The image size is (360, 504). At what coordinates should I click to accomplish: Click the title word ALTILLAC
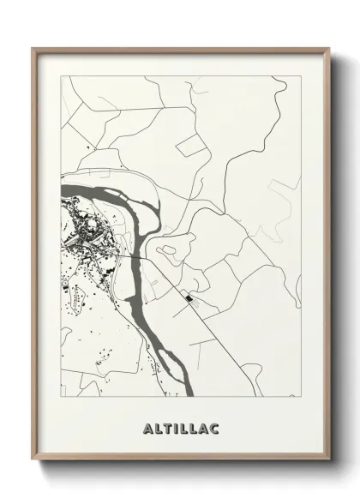point(180,425)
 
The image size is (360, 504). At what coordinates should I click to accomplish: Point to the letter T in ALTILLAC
point(167,425)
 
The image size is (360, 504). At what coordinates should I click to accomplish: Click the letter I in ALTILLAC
point(176,425)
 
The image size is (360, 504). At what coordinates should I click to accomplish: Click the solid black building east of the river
point(187,298)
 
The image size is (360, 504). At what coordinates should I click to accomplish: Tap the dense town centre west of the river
point(86,229)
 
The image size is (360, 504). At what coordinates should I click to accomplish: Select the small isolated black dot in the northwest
point(88,150)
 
